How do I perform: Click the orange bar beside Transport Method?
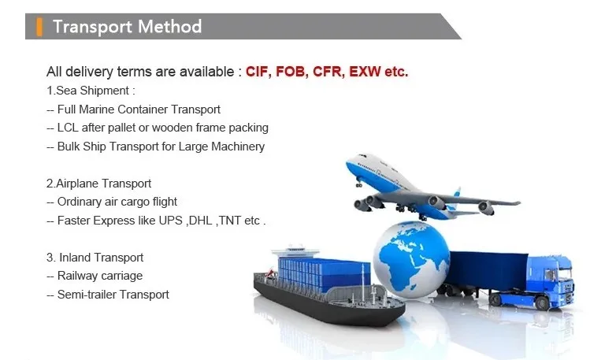pyautogui.click(x=39, y=27)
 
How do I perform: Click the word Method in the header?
pyautogui.click(x=169, y=27)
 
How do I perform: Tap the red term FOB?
pyautogui.click(x=291, y=72)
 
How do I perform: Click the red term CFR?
pyautogui.click(x=328, y=72)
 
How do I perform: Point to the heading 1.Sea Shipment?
pyautogui.click(x=91, y=91)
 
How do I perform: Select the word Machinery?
pyautogui.click(x=238, y=147)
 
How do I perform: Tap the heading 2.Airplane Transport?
pyautogui.click(x=98, y=184)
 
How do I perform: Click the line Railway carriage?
pyautogui.click(x=95, y=276)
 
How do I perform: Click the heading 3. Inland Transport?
pyautogui.click(x=95, y=258)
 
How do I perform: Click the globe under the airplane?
pyautogui.click(x=411, y=259)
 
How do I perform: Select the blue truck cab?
pyautogui.click(x=550, y=280)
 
